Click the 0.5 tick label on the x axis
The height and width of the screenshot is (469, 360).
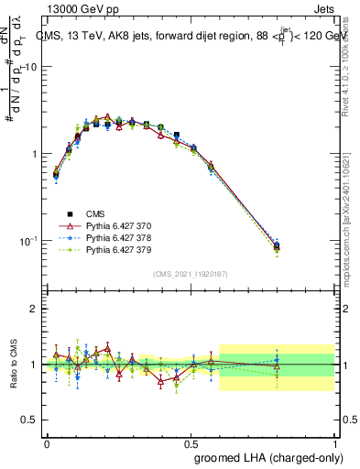pyautogui.click(x=191, y=442)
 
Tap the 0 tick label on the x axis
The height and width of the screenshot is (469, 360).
pyautogui.click(x=47, y=442)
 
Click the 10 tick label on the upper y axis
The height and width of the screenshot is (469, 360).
pyautogui.click(x=31, y=68)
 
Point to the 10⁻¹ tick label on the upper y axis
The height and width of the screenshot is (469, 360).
pyautogui.click(x=29, y=240)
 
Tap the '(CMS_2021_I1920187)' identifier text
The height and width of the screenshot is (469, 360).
pyautogui.click(x=191, y=273)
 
